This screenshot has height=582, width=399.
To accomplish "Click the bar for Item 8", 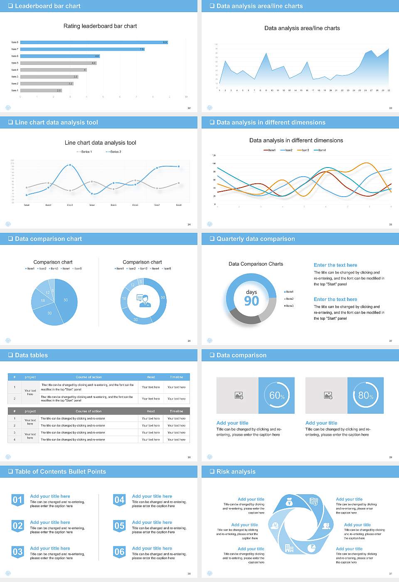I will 94,42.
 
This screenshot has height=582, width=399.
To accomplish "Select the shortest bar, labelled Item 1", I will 41,90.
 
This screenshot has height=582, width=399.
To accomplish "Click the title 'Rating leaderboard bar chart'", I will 100,26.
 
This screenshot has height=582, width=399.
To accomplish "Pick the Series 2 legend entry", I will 113,152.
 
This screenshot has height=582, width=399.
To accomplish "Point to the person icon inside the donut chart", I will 143,300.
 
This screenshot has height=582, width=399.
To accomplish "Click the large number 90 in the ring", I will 251,301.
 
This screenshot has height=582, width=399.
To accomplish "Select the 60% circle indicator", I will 277,395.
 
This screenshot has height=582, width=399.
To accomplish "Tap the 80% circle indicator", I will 366,395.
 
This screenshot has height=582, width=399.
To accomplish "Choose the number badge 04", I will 119,500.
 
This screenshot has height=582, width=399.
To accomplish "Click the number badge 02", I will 17,526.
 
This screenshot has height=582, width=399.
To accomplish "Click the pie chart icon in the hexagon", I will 311,548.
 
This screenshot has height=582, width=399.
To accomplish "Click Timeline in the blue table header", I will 176,377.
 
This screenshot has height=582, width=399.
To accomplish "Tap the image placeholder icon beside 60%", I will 239,395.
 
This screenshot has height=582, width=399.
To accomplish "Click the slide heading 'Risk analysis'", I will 236,471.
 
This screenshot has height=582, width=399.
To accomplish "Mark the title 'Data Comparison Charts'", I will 256,264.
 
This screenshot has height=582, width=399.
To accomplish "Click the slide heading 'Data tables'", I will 31,355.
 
